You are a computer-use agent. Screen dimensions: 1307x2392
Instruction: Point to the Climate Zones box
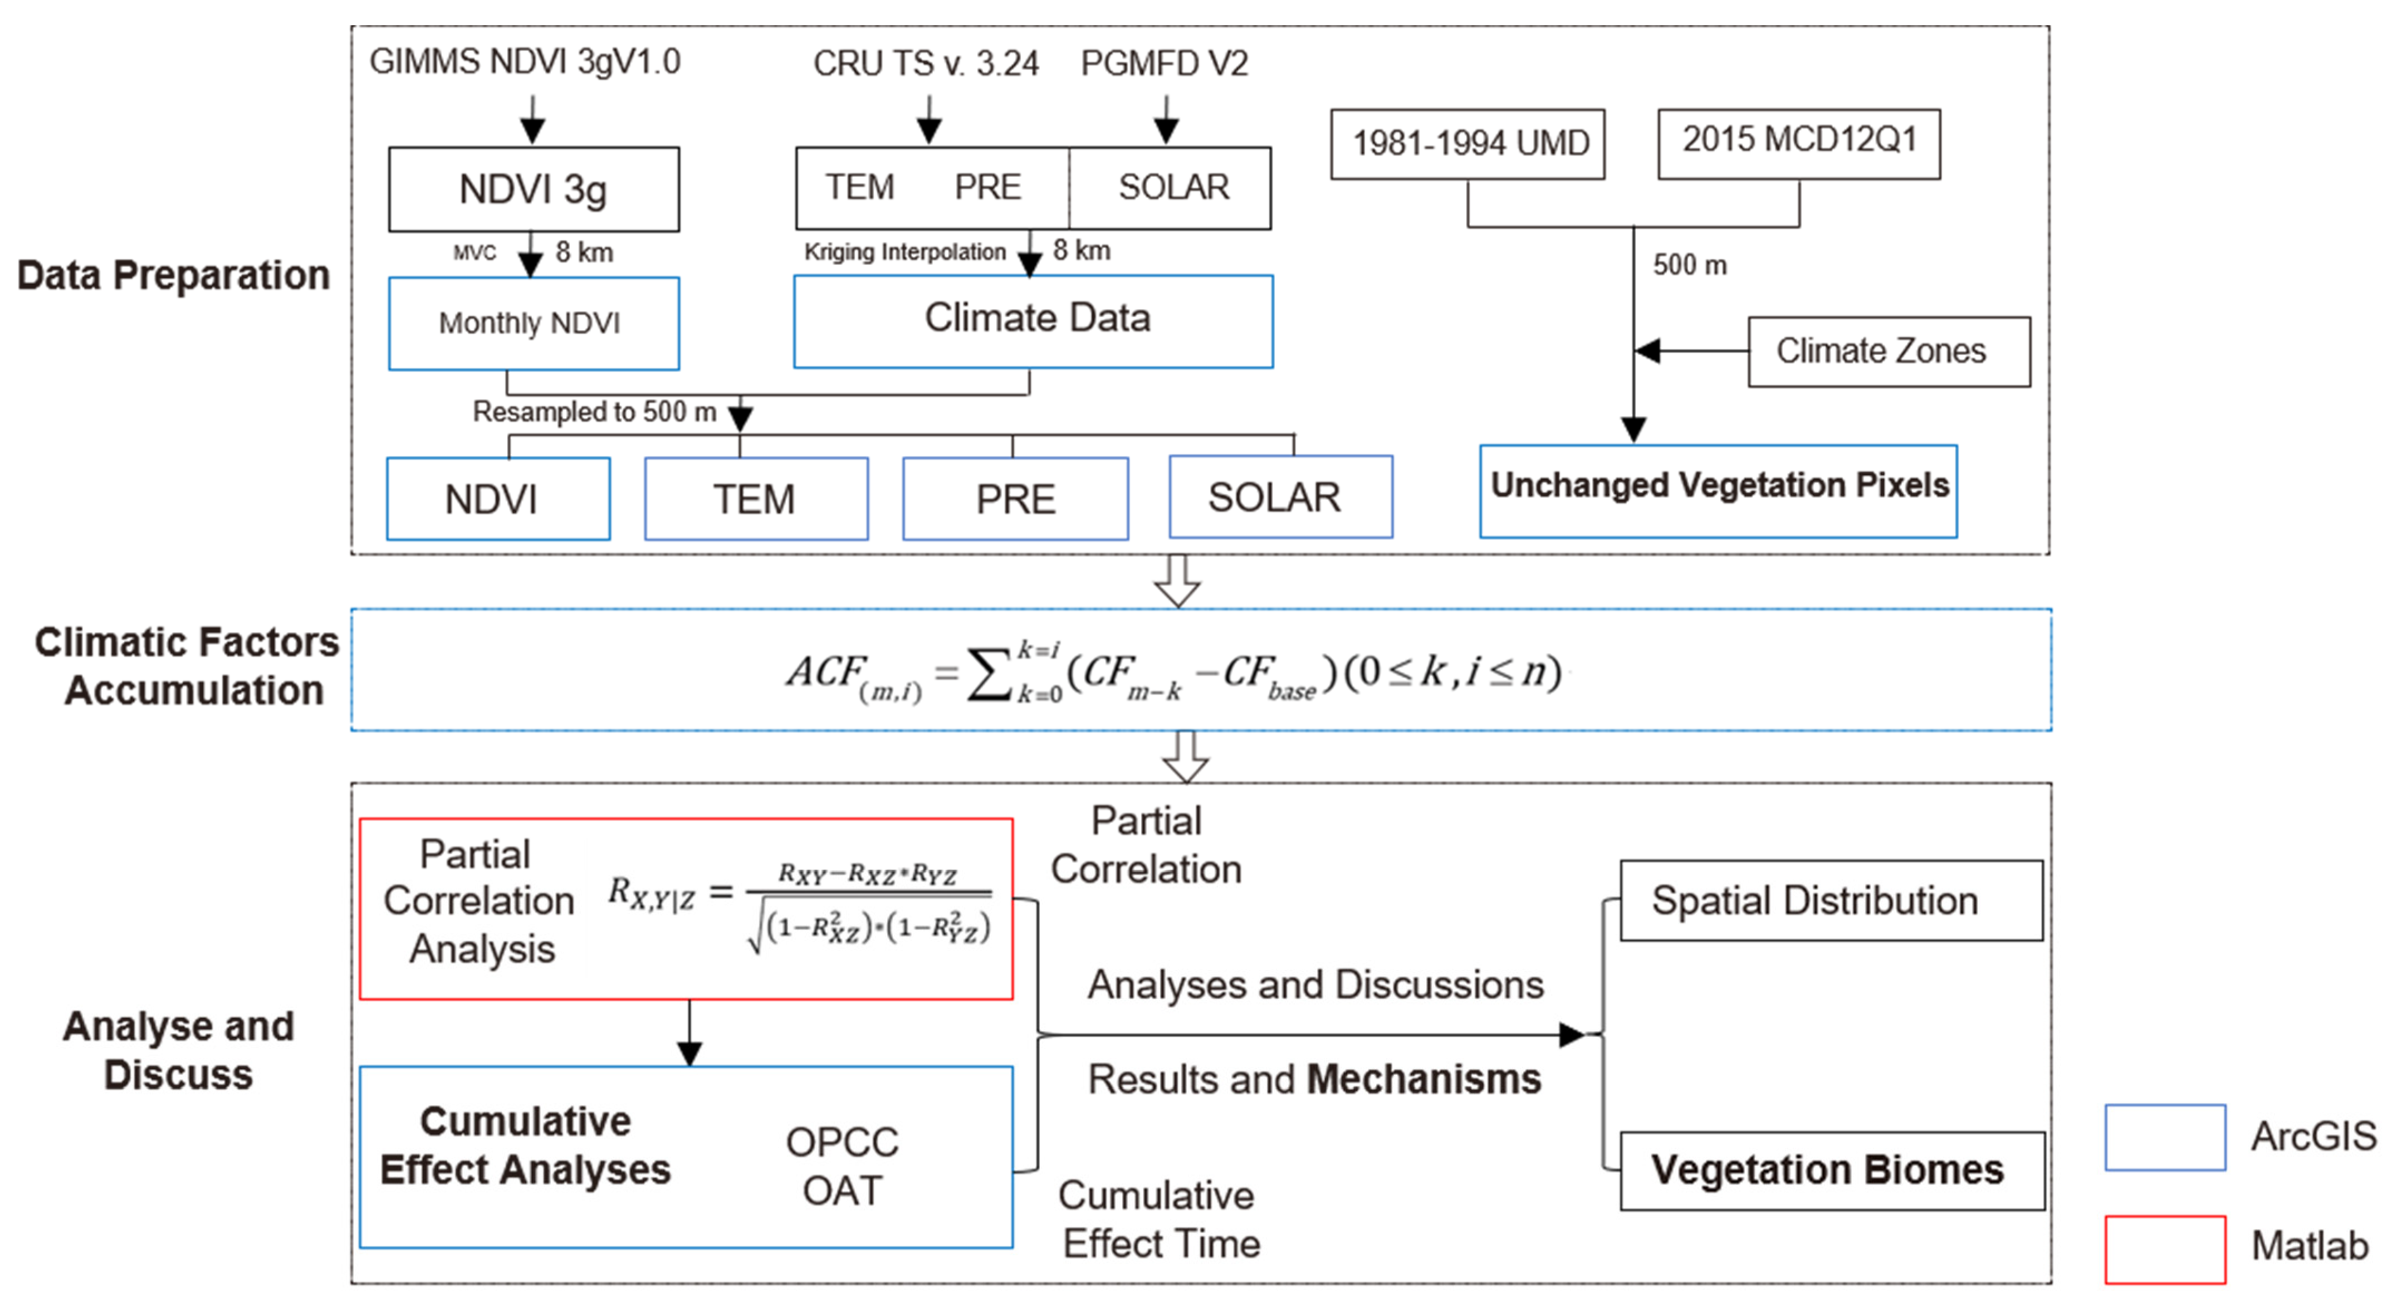click(1889, 351)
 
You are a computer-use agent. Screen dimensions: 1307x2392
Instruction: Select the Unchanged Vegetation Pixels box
click(1718, 490)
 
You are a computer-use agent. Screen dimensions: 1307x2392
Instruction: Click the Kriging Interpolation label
click(904, 252)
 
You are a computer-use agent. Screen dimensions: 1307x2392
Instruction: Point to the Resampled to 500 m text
click(594, 412)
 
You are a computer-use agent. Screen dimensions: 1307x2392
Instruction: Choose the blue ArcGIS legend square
click(2165, 1137)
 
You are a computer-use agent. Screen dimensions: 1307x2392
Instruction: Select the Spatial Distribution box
click(1831, 900)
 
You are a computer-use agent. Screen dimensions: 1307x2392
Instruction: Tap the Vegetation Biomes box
click(1831, 1171)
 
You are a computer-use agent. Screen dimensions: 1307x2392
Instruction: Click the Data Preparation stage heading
click(174, 276)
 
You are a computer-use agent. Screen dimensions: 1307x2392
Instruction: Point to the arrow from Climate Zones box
click(1690, 351)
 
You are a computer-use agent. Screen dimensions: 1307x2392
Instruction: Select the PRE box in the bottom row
click(1015, 499)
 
